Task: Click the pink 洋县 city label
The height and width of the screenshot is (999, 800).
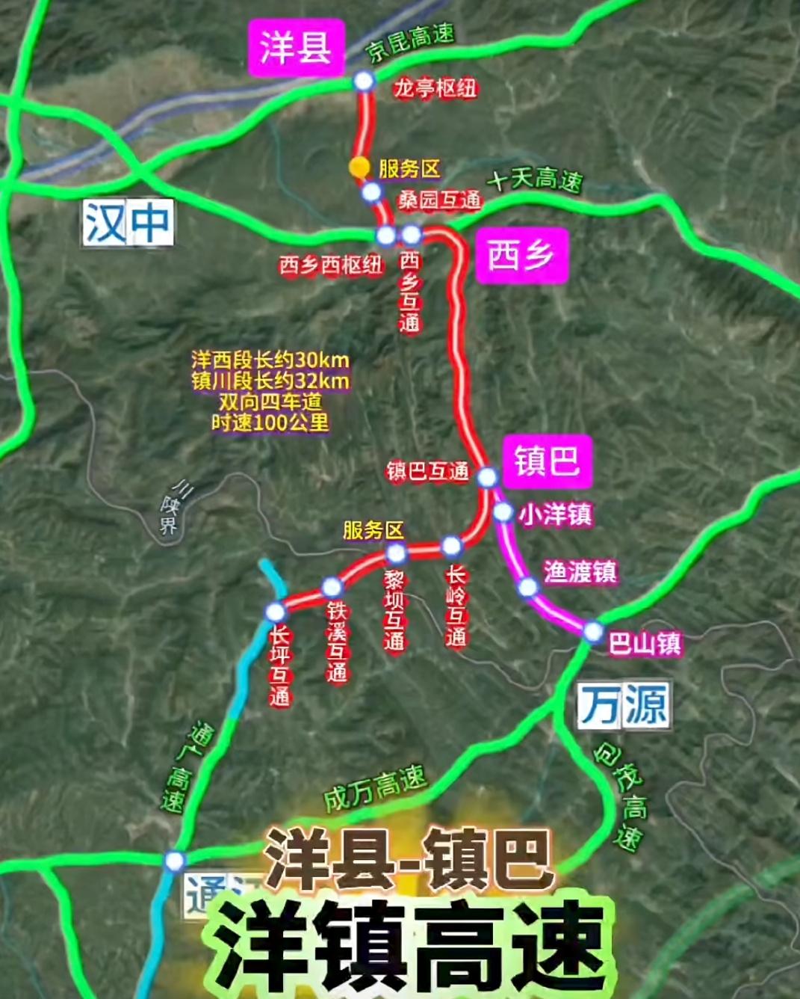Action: pyautogui.click(x=296, y=46)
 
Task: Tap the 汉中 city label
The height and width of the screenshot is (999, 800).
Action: pyautogui.click(x=128, y=223)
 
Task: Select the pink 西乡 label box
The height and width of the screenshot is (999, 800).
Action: pyautogui.click(x=521, y=255)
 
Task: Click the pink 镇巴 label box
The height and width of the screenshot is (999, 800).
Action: pyautogui.click(x=546, y=460)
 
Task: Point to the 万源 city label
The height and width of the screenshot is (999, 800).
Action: pyautogui.click(x=624, y=704)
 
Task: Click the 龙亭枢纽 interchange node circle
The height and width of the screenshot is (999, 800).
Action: pyautogui.click(x=364, y=81)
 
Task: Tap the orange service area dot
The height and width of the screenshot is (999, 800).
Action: pyautogui.click(x=360, y=167)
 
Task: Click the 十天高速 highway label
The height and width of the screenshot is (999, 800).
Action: pyautogui.click(x=535, y=180)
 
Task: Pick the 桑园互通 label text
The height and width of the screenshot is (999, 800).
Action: pyautogui.click(x=439, y=200)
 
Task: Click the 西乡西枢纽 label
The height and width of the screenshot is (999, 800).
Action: pyautogui.click(x=331, y=265)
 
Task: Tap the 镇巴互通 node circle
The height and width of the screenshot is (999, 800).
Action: pyautogui.click(x=487, y=476)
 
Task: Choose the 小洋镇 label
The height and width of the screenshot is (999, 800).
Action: pyautogui.click(x=555, y=514)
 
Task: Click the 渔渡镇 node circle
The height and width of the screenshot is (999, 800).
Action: pyautogui.click(x=528, y=588)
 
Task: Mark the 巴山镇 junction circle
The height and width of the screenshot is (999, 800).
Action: pyautogui.click(x=593, y=631)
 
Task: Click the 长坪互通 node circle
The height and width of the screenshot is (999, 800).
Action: pyautogui.click(x=275, y=612)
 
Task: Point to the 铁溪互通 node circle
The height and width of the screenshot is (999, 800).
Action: pyautogui.click(x=332, y=587)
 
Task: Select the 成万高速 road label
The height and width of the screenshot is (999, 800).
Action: pyautogui.click(x=374, y=788)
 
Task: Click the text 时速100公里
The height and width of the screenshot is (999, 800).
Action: pyautogui.click(x=270, y=422)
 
